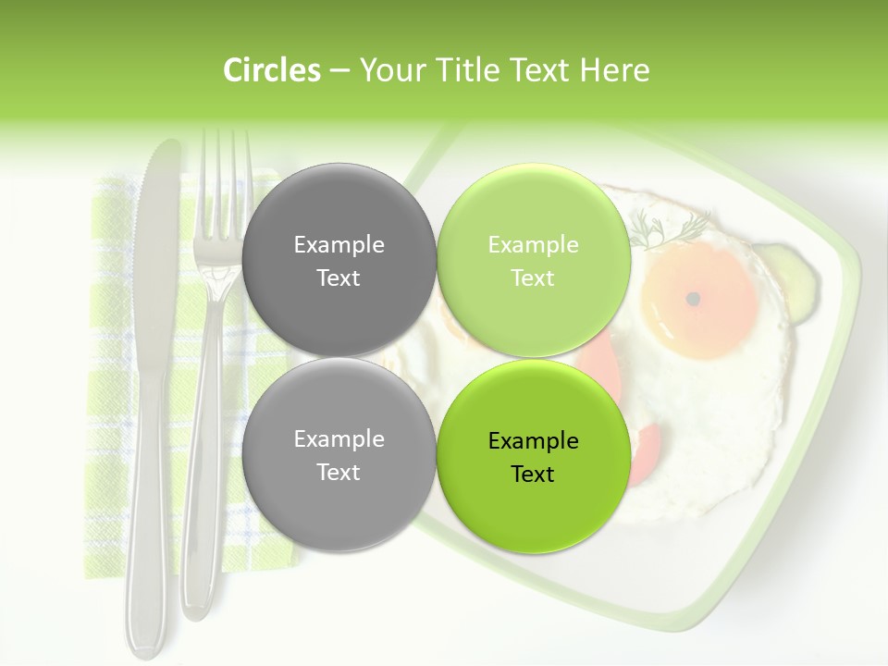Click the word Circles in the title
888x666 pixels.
[x=271, y=70]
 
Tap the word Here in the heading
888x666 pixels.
[x=615, y=70]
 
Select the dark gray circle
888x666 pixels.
[x=339, y=260]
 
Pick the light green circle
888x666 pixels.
[x=533, y=260]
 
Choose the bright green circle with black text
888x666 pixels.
[x=533, y=456]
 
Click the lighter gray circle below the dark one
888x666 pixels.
[x=339, y=454]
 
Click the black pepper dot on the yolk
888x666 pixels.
[x=693, y=298]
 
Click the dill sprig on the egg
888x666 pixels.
[x=671, y=228]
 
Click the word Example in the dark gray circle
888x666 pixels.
[x=339, y=244]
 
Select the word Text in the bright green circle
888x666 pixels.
[x=533, y=474]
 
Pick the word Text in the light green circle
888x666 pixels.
[x=533, y=277]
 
